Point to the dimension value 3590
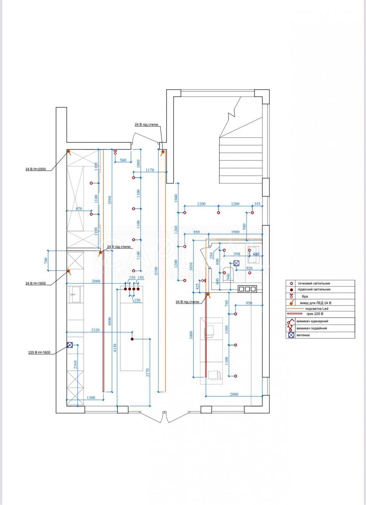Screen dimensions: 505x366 (x=109, y=199)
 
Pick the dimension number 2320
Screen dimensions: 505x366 (x=95, y=331)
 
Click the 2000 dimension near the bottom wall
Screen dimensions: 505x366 (x=234, y=394)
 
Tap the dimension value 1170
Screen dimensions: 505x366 (x=150, y=170)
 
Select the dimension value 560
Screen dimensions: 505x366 (x=123, y=160)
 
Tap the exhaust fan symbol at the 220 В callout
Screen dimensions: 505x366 (x=70, y=345)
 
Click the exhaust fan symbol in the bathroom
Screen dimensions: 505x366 (x=236, y=263)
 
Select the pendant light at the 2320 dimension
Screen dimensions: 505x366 (x=132, y=339)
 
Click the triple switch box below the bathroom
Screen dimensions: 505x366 (x=247, y=289)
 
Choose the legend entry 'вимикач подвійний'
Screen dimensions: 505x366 (x=312, y=328)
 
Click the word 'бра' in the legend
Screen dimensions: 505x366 (x=300, y=296)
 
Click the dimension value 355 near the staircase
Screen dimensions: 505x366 (x=257, y=204)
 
